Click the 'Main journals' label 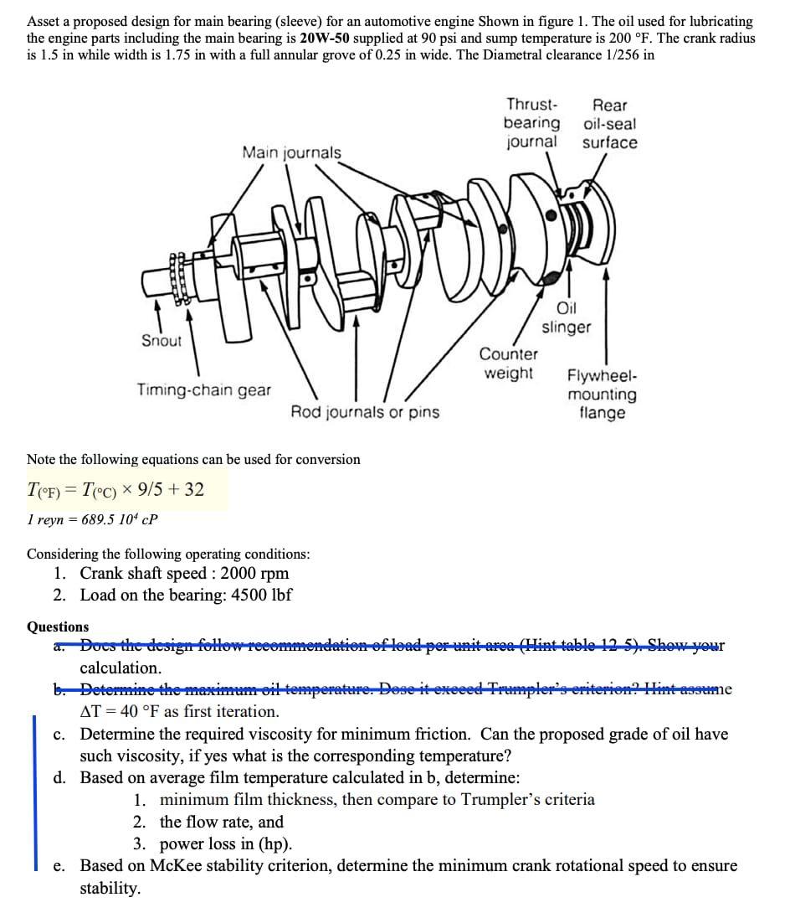pyautogui.click(x=291, y=152)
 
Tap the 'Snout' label pyautogui.click(x=162, y=340)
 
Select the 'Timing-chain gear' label pyautogui.click(x=204, y=389)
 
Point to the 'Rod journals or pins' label pyautogui.click(x=364, y=411)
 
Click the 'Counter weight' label pyautogui.click(x=509, y=364)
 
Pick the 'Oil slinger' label pyautogui.click(x=567, y=317)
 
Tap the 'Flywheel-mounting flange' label pyautogui.click(x=602, y=395)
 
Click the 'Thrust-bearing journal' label pyautogui.click(x=531, y=123)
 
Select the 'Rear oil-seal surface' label pyautogui.click(x=609, y=123)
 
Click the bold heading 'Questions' pyautogui.click(x=58, y=627)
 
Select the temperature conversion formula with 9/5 pyautogui.click(x=115, y=489)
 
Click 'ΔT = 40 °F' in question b pyautogui.click(x=179, y=712)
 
